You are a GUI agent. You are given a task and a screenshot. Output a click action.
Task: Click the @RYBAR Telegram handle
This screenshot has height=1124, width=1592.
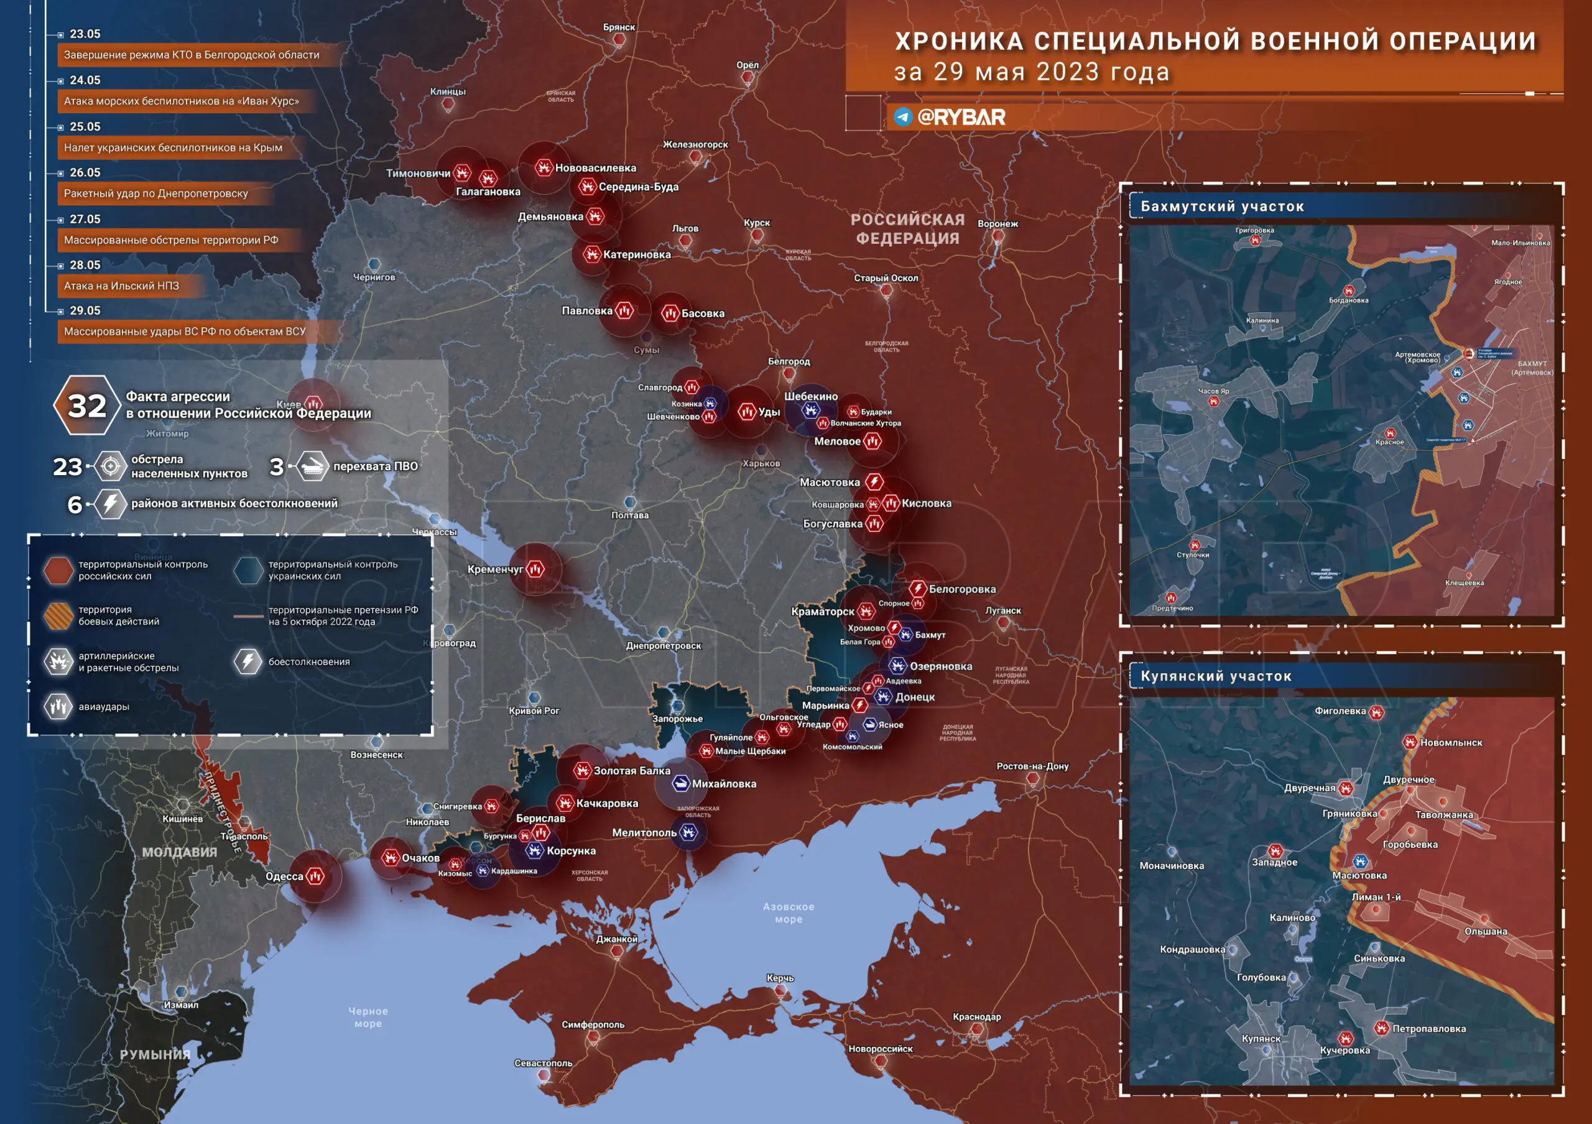tap(960, 117)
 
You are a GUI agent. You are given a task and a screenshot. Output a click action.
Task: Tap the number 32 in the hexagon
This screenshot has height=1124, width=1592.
tap(86, 406)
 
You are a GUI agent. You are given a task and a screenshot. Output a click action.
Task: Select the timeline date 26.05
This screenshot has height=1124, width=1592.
tap(85, 173)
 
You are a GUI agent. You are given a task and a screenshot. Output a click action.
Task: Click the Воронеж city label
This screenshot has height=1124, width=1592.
tap(997, 224)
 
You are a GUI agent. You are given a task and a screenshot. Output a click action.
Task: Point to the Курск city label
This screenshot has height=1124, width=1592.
tap(756, 223)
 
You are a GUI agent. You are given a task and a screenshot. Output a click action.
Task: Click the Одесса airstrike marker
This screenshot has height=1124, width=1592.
tap(315, 876)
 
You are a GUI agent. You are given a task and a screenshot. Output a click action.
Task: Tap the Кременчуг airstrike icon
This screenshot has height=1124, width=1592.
tap(535, 569)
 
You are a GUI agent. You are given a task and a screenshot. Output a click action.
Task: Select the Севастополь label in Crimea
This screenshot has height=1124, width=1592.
tap(543, 1063)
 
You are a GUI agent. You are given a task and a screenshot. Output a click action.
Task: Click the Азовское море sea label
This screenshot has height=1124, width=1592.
tap(789, 913)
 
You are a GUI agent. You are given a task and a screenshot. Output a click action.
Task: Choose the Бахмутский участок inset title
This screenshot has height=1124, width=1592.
tap(1222, 207)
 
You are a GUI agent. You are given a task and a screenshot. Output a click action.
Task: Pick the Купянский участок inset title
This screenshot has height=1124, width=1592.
tap(1216, 676)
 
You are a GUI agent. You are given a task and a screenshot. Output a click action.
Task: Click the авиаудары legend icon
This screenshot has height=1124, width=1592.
tap(59, 707)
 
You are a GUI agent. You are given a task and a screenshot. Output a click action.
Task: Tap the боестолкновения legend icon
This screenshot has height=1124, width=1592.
tap(248, 661)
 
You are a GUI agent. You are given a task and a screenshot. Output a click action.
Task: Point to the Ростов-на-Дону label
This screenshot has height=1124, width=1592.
tap(1032, 766)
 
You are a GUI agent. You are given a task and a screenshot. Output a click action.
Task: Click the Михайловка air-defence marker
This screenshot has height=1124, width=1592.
tap(681, 784)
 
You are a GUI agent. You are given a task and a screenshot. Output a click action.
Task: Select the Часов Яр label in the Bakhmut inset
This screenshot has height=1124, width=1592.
tap(1213, 391)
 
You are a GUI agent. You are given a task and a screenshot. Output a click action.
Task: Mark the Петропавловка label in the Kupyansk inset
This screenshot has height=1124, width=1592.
tap(1428, 1029)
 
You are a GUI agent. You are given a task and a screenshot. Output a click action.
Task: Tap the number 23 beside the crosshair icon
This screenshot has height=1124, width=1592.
tap(67, 467)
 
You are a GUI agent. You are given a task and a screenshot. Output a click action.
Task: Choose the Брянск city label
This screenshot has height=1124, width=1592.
tap(619, 27)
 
